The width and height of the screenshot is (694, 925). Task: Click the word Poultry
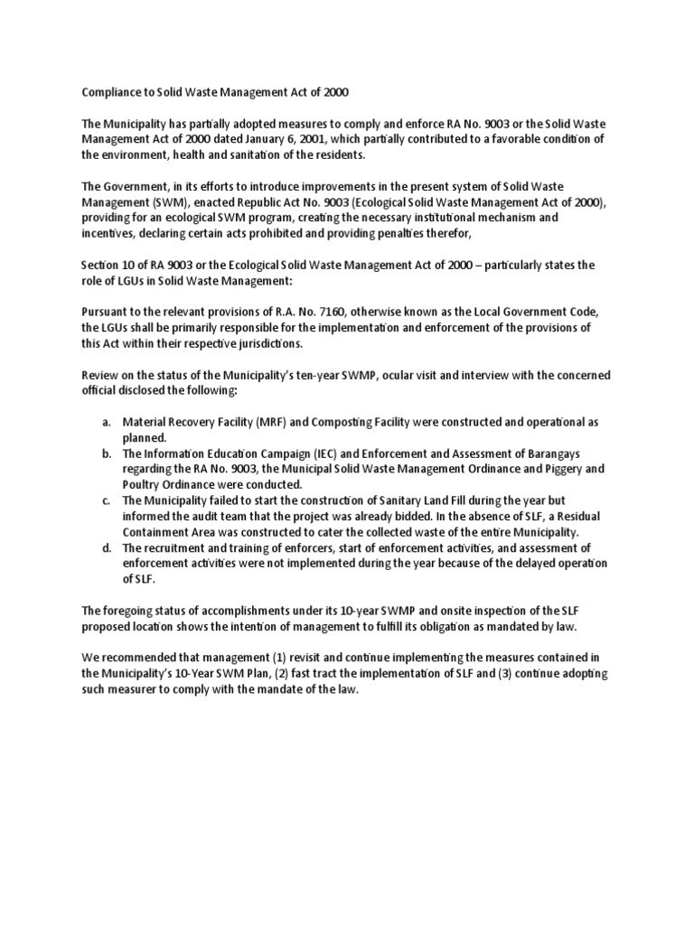143,484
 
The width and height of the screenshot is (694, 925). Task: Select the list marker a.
107,422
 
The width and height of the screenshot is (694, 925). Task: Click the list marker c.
107,500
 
